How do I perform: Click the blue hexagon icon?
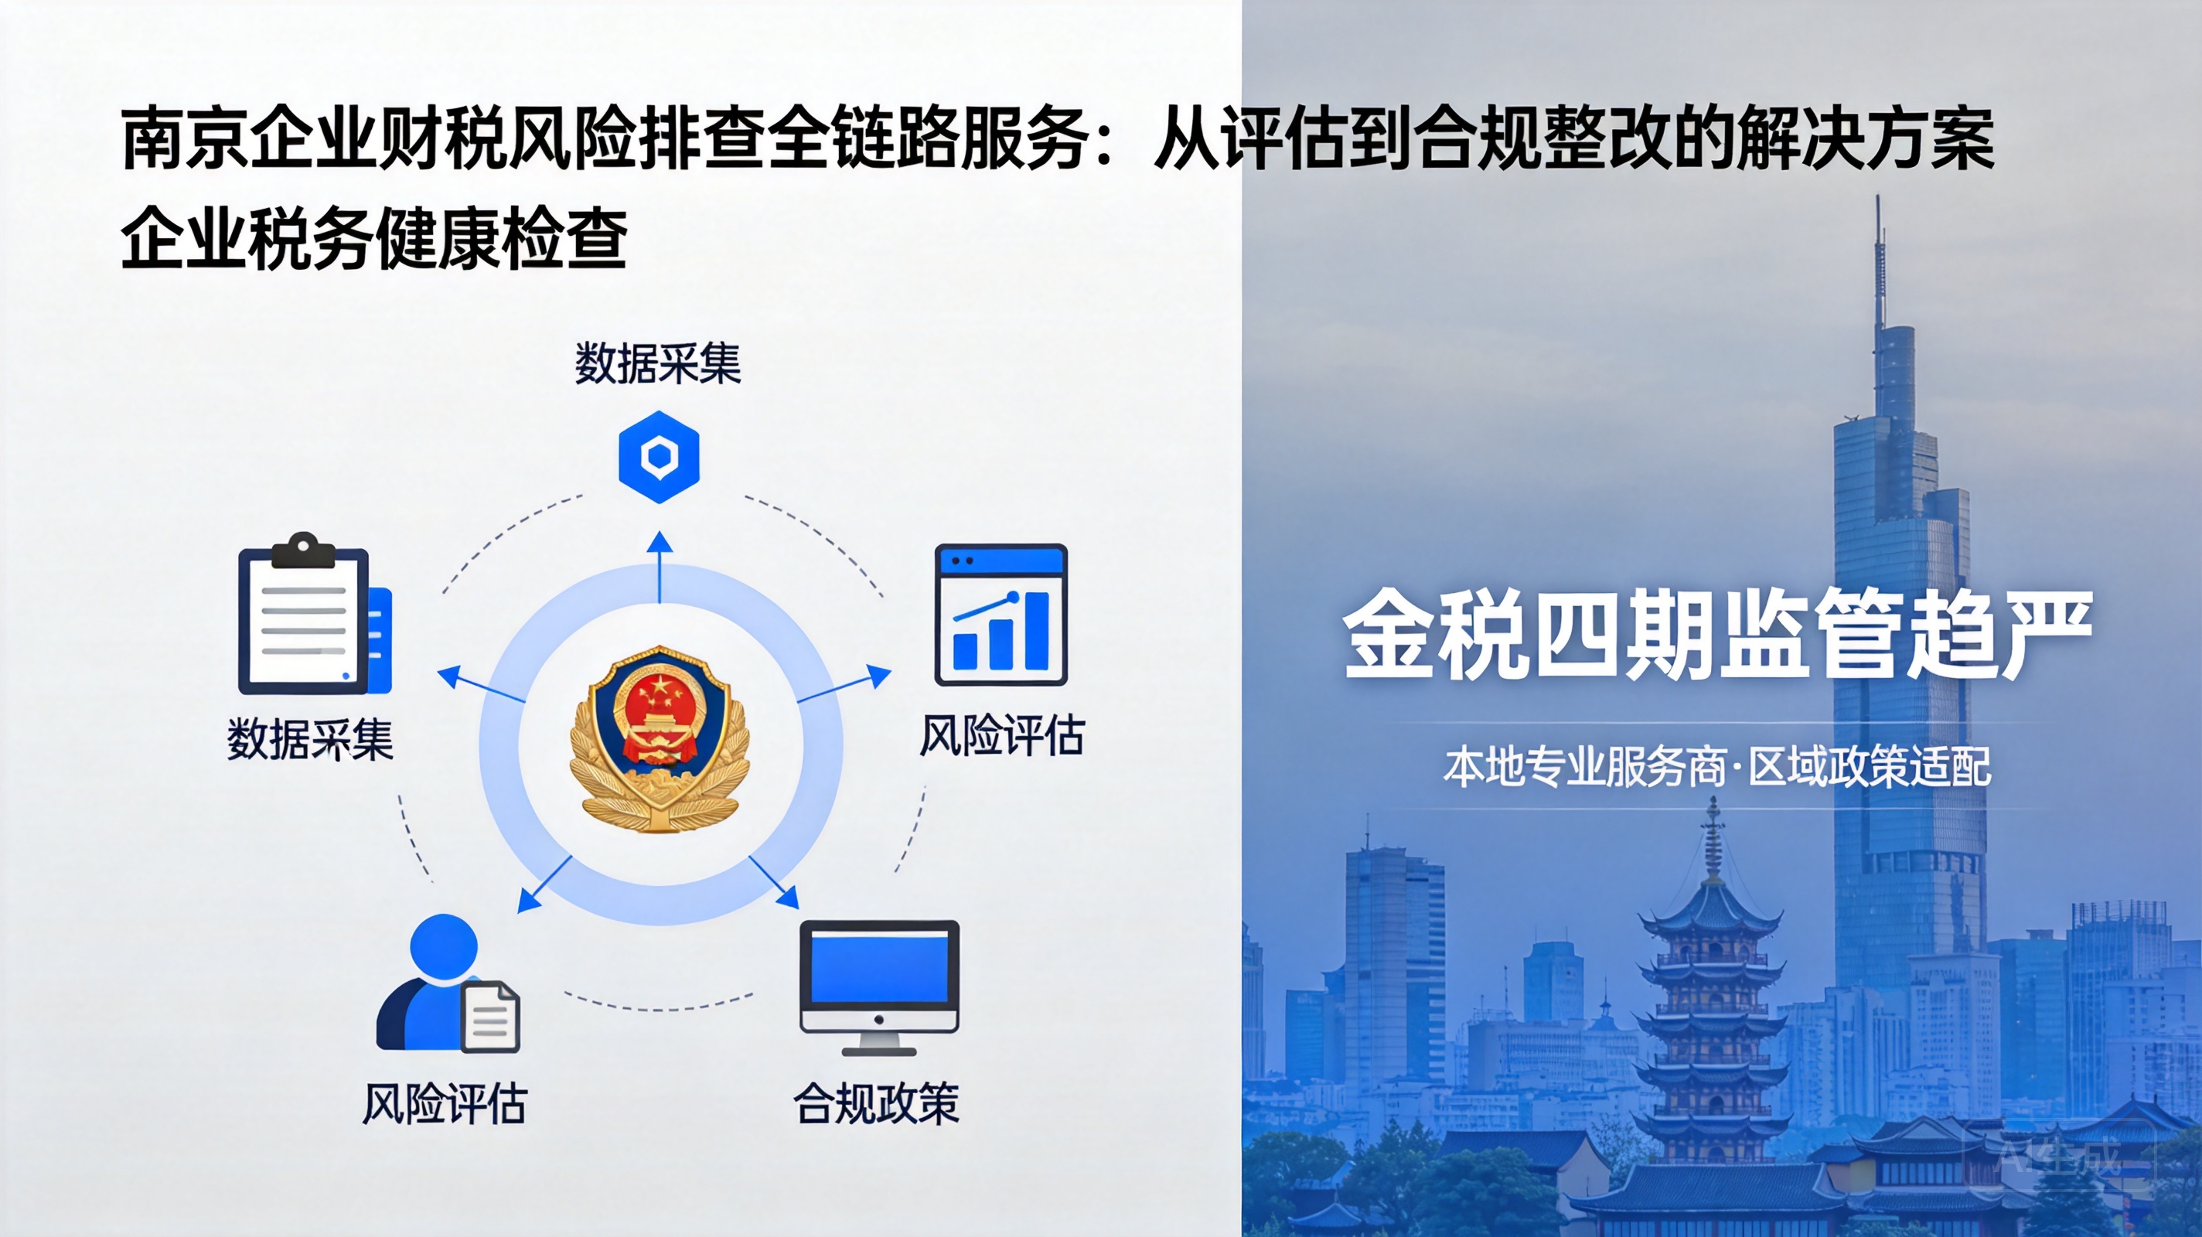(659, 456)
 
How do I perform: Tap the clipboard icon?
(315, 613)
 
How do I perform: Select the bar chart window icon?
(1001, 614)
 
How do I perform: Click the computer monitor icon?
(880, 987)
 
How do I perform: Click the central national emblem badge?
(659, 738)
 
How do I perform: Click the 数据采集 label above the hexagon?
(657, 363)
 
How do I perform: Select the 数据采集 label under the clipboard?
(310, 738)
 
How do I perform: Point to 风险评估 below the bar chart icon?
(1002, 734)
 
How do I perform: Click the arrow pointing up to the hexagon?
(659, 567)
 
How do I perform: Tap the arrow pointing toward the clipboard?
(480, 685)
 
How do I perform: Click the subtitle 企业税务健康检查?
(374, 237)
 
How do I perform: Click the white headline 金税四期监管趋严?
(1717, 634)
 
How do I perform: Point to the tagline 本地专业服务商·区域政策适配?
(1717, 765)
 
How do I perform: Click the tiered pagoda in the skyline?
(1712, 1000)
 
